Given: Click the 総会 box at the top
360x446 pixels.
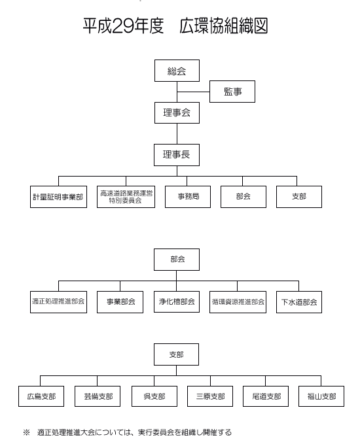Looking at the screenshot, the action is click(177, 71).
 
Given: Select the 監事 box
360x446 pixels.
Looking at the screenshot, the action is click(232, 92).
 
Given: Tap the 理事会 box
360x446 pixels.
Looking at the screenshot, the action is click(177, 112).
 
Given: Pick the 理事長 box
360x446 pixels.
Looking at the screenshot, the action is click(177, 155).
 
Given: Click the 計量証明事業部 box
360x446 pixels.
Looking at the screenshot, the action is click(58, 197).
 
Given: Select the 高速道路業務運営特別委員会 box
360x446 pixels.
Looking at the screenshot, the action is click(126, 197).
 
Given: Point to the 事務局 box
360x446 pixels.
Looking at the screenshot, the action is click(188, 197).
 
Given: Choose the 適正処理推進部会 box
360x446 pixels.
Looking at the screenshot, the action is click(58, 302).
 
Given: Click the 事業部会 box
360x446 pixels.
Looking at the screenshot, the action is click(120, 302).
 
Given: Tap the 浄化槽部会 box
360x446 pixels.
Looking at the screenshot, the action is click(177, 301).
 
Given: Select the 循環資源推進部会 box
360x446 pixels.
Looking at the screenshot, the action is click(238, 302).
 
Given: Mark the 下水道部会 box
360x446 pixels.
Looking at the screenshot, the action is click(299, 302).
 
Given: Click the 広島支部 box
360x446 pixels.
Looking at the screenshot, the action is click(41, 396).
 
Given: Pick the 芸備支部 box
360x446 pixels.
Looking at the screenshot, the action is click(98, 396).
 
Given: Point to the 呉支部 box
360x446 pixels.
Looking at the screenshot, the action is click(154, 396).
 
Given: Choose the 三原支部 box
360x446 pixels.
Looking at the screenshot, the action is click(210, 396).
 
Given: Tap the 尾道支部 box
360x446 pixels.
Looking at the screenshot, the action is click(266, 396).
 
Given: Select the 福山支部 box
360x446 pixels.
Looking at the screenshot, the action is click(321, 396).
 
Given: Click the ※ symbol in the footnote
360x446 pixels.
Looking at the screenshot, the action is click(26, 433).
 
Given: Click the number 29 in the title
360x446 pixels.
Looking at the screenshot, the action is click(123, 26).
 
